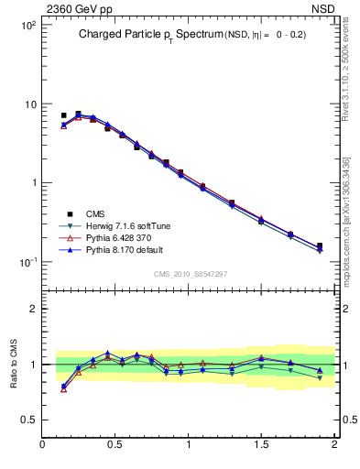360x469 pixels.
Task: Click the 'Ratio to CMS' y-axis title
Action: click(14, 364)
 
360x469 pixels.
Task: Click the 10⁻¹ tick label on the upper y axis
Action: click(27, 262)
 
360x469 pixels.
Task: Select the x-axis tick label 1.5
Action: click(261, 444)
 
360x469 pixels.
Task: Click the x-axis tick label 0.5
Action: click(116, 444)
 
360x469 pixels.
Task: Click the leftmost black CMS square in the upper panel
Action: click(63, 116)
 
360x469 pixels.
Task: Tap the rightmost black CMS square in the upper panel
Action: click(319, 245)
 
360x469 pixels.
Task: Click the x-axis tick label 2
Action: click(334, 444)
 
